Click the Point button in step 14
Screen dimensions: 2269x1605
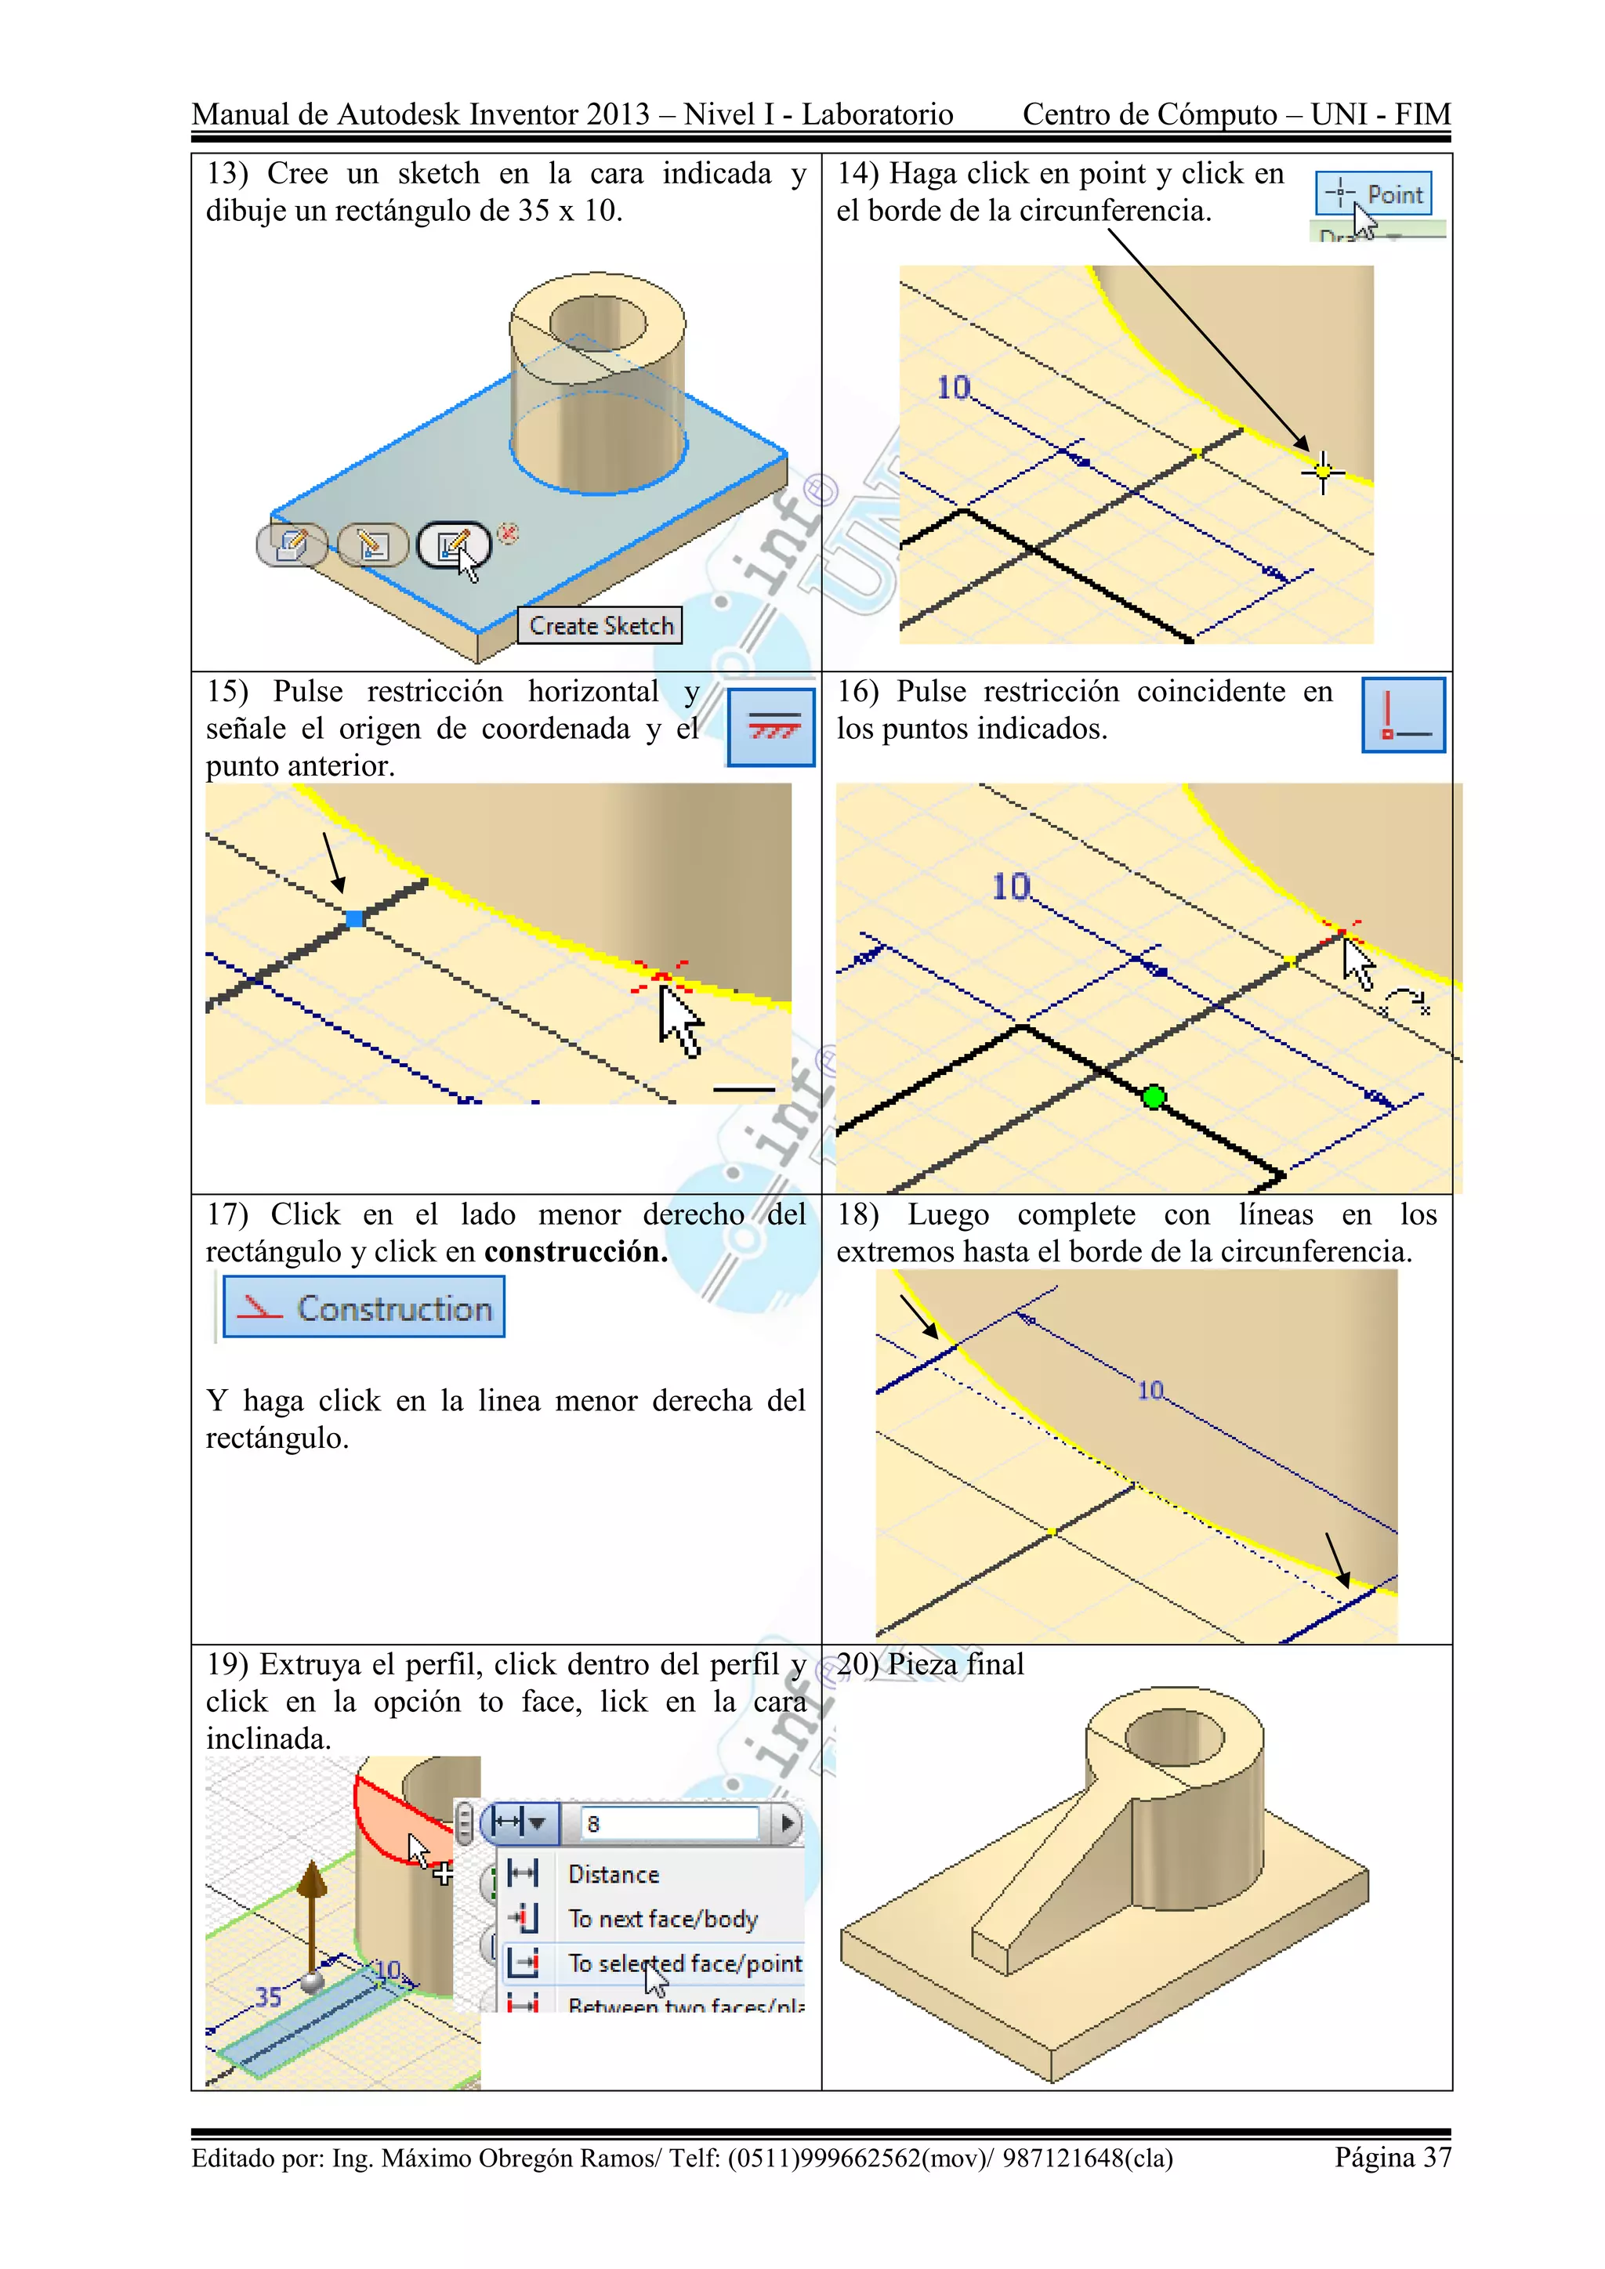pos(1373,194)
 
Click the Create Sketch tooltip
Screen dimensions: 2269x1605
pos(600,625)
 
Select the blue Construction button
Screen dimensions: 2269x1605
pos(364,1308)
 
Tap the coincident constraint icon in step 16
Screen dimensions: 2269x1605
pos(1402,715)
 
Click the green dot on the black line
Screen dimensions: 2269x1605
pos(1154,1097)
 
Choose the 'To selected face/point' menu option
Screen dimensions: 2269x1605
pos(684,1963)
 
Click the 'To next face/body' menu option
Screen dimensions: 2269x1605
pos(662,1919)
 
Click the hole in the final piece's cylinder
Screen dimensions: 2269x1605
pos(1175,1736)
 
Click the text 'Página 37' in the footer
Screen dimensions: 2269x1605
pos(1392,2157)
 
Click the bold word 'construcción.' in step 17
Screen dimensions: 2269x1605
pos(575,1252)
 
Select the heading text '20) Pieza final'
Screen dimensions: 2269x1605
pos(930,1665)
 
